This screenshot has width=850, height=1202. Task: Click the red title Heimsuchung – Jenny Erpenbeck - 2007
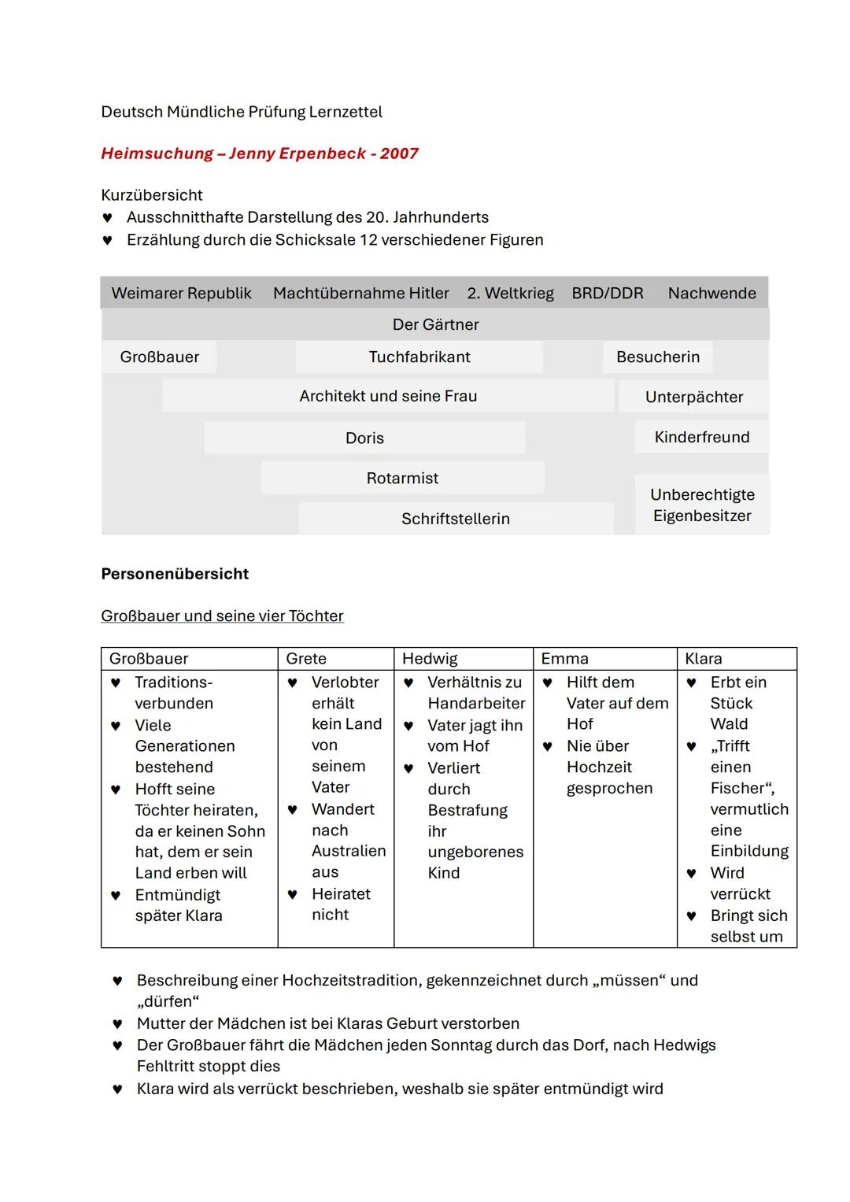point(260,153)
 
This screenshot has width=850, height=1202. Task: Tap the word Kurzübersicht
point(152,195)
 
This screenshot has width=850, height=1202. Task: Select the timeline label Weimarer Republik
point(181,293)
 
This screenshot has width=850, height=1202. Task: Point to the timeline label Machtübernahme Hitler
point(360,293)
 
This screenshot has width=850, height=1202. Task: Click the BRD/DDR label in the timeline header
point(607,293)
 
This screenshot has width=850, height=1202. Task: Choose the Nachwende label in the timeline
point(711,293)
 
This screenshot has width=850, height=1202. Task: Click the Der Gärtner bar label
point(435,324)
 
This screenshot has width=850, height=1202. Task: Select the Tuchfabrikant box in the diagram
point(419,357)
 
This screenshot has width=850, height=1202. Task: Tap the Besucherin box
point(658,357)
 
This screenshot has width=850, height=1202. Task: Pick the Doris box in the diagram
point(364,438)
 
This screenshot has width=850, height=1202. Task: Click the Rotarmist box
point(402,478)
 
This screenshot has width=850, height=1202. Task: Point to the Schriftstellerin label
point(456,519)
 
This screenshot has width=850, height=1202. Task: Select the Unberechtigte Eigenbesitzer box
point(702,505)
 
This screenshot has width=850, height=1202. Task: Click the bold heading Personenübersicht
point(175,574)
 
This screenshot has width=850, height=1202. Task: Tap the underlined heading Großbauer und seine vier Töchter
point(222,616)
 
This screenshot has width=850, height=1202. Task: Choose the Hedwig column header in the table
point(430,659)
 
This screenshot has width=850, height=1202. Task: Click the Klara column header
point(703,659)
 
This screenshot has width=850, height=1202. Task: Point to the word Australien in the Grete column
point(349,851)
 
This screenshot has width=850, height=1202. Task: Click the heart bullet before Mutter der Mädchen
point(117,1024)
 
